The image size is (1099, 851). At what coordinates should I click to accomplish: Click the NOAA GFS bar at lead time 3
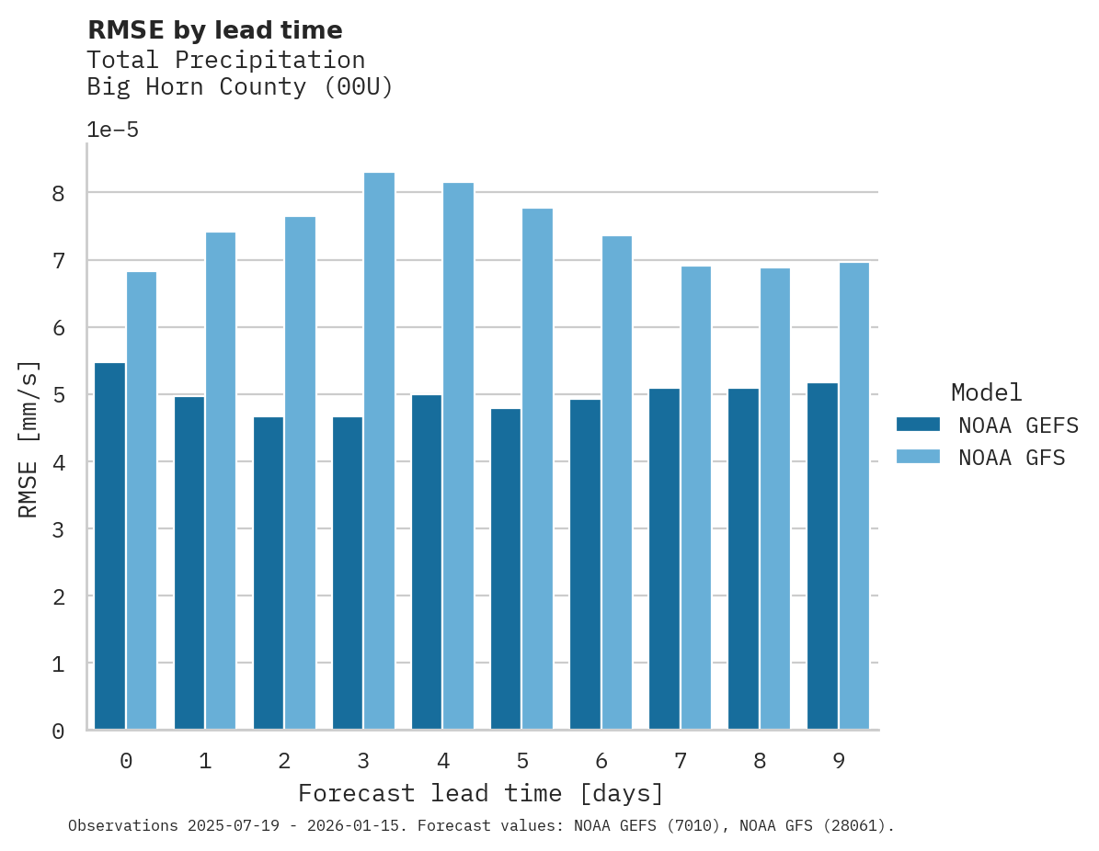click(x=379, y=451)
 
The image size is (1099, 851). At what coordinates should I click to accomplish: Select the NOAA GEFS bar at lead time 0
click(x=109, y=546)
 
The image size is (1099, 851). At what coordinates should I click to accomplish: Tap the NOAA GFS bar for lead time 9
click(x=854, y=496)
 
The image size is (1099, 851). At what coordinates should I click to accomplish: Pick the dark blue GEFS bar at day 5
click(x=505, y=569)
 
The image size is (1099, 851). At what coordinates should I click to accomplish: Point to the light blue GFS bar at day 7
click(x=696, y=498)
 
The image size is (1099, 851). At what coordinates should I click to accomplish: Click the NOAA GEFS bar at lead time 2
click(x=268, y=573)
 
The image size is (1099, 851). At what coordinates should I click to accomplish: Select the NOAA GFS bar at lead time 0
click(x=142, y=501)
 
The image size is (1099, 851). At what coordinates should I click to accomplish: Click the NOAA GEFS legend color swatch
click(x=918, y=425)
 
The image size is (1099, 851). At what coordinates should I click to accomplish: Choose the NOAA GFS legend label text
click(x=1012, y=458)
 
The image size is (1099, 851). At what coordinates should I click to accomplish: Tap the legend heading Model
click(x=986, y=392)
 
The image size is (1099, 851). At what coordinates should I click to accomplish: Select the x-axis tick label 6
click(x=601, y=761)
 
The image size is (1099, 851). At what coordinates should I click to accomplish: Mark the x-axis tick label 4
click(x=443, y=761)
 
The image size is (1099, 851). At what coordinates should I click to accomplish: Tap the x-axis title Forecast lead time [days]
click(x=480, y=793)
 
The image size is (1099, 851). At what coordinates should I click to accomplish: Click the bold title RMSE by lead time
click(x=214, y=30)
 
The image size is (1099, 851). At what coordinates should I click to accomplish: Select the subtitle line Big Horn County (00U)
click(x=239, y=87)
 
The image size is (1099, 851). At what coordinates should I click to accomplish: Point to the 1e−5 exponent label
click(x=112, y=130)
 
